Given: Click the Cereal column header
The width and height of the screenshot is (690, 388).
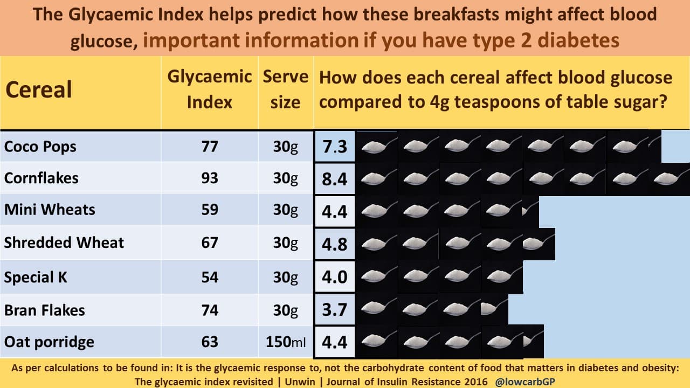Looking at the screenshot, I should tap(39, 90).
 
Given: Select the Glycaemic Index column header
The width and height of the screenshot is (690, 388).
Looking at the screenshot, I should tap(209, 89).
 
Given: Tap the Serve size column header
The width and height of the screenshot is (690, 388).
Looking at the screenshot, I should tap(285, 89).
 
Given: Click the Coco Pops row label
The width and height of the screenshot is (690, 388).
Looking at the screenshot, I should tap(40, 147).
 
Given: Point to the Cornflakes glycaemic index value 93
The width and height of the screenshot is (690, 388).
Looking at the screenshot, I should tap(209, 178).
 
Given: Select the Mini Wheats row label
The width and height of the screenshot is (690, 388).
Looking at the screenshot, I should tap(50, 210).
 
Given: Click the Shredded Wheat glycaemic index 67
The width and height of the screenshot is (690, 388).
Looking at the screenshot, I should tap(209, 242).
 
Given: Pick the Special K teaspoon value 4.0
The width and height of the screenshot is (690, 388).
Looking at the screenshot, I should tap(335, 278).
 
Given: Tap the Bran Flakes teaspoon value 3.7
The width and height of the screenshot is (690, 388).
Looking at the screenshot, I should tap(335, 310).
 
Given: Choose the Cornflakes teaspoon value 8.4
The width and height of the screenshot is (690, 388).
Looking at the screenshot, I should tap(335, 179).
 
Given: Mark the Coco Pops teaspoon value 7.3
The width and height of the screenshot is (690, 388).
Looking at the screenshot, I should tap(335, 147).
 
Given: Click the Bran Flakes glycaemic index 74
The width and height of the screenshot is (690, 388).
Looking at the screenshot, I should tap(209, 310).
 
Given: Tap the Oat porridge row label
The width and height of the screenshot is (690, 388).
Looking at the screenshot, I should tap(49, 342).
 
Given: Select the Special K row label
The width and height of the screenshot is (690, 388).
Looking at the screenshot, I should tap(36, 278).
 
